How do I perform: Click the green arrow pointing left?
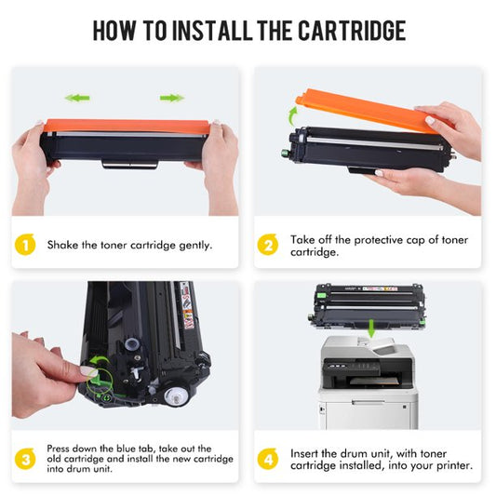click(77, 97)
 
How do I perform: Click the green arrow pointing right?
click(171, 97)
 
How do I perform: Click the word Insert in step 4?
click(307, 453)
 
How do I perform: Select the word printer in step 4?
click(449, 465)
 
